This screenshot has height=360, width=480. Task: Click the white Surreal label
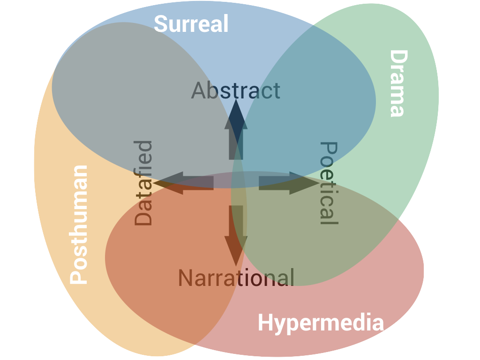tap(191, 23)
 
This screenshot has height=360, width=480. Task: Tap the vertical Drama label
tap(397, 83)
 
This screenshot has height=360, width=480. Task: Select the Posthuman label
tap(79, 225)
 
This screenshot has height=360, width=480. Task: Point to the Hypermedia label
tap(321, 323)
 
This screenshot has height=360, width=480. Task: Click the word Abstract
tap(236, 90)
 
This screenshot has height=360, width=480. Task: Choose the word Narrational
tap(236, 277)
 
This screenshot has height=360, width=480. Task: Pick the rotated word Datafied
tap(143, 183)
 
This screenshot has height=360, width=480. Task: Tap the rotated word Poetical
tap(328, 183)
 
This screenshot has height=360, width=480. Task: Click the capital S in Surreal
tap(161, 24)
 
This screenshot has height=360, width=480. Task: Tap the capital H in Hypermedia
tap(265, 323)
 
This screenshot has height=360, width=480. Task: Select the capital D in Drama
tap(397, 57)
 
